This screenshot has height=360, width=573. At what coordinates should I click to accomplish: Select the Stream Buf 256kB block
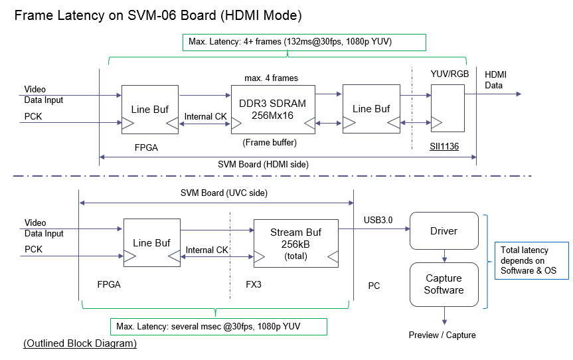pyautogui.click(x=295, y=243)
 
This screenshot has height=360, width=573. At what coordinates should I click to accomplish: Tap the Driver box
pyautogui.click(x=444, y=231)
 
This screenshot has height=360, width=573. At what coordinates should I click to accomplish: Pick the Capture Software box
pyautogui.click(x=444, y=284)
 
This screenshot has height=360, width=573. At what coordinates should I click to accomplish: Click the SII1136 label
pyautogui.click(x=446, y=143)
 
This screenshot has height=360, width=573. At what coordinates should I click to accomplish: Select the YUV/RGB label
pyautogui.click(x=450, y=74)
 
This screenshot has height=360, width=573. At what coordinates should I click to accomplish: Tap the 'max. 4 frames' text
pyautogui.click(x=271, y=78)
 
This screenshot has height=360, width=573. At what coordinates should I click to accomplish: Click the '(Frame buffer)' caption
pyautogui.click(x=270, y=141)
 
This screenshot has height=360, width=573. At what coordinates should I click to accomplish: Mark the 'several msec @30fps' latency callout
pyautogui.click(x=218, y=327)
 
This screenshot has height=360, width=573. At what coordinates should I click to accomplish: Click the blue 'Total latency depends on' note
pyautogui.click(x=531, y=260)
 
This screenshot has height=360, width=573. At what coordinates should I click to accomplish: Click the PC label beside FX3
pyautogui.click(x=374, y=286)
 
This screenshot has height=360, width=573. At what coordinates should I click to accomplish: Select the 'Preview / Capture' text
pyautogui.click(x=442, y=335)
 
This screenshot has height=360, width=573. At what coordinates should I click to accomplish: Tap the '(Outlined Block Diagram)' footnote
pyautogui.click(x=80, y=343)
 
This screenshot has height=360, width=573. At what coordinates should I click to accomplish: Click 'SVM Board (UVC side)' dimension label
pyautogui.click(x=213, y=193)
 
